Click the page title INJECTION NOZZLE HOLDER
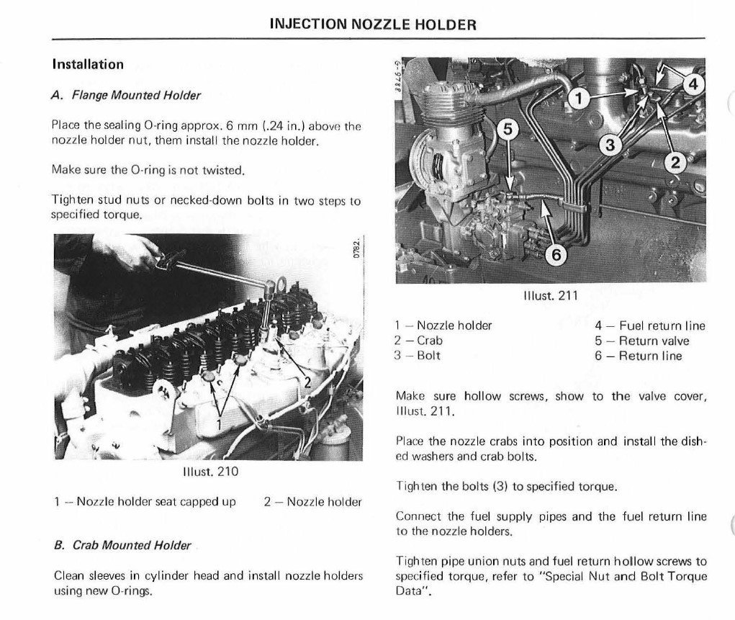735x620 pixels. point(372,24)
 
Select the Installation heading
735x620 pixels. point(88,64)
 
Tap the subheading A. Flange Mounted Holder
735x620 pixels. point(126,95)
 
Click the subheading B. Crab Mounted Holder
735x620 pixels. point(122,545)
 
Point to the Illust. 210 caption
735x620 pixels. point(209,472)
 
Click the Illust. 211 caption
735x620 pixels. point(551,295)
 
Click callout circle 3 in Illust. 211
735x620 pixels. point(610,145)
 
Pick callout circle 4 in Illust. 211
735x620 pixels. point(692,84)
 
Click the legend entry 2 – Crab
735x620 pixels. point(418,341)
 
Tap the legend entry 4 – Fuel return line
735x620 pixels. point(649,325)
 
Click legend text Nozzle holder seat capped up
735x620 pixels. point(156,501)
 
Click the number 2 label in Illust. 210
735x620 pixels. point(307,382)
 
